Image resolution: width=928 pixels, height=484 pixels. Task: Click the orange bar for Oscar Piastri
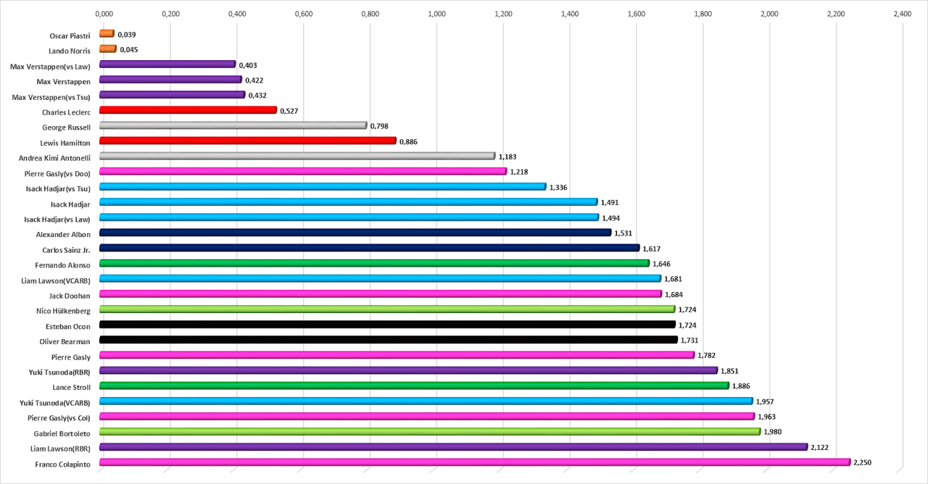[107, 33]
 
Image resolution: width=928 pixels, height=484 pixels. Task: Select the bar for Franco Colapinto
[474, 462]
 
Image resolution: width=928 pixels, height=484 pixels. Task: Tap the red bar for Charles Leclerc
[188, 110]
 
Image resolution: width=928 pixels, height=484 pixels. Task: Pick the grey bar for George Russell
[233, 125]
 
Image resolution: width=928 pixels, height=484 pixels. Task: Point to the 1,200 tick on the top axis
[503, 13]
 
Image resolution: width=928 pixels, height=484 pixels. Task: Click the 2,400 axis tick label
[902, 13]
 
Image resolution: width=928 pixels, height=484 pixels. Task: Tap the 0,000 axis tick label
[104, 13]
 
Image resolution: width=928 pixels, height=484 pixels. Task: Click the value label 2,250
[863, 462]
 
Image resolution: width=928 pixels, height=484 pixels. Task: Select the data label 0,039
[127, 34]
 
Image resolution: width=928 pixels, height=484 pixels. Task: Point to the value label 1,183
[507, 157]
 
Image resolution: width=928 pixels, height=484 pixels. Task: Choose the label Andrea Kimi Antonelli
[54, 157]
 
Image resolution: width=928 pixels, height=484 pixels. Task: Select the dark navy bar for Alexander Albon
[355, 233]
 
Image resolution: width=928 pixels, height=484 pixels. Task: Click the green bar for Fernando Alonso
[374, 263]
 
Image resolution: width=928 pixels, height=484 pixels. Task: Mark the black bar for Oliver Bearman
[388, 340]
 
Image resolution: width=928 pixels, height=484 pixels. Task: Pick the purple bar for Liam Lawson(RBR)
[453, 447]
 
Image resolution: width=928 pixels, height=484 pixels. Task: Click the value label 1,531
[623, 233]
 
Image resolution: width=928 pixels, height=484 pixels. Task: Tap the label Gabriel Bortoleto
[62, 433]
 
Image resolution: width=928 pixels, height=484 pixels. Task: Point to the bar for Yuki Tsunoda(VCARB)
[426, 401]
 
